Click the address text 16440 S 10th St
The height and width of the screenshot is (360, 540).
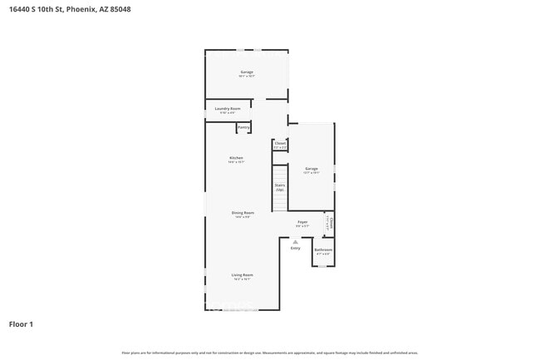pyautogui.click(x=42, y=9)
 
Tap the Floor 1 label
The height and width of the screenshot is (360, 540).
pyautogui.click(x=21, y=324)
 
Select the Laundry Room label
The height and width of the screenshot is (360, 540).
pyautogui.click(x=227, y=109)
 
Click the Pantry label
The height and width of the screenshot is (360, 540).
pyautogui.click(x=243, y=127)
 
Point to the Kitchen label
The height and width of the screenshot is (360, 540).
pyautogui.click(x=237, y=158)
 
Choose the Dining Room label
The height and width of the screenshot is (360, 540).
pyautogui.click(x=243, y=213)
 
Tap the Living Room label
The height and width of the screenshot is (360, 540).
pyautogui.click(x=243, y=274)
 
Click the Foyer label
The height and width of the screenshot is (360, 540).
pyautogui.click(x=302, y=221)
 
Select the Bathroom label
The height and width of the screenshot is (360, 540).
pyautogui.click(x=323, y=249)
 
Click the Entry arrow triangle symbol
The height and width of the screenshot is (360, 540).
pyautogui.click(x=295, y=241)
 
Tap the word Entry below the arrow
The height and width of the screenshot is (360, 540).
pyautogui.click(x=295, y=248)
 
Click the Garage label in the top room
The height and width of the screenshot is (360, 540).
pyautogui.click(x=247, y=72)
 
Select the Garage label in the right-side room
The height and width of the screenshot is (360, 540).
pyautogui.click(x=312, y=169)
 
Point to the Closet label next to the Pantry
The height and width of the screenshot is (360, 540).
pyautogui.click(x=280, y=143)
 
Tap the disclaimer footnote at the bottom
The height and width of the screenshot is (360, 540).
pyautogui.click(x=270, y=353)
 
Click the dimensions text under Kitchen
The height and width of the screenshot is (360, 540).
pyautogui.click(x=237, y=163)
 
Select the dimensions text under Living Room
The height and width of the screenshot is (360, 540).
pyautogui.click(x=243, y=279)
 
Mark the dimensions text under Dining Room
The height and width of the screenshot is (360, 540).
pyautogui.click(x=243, y=218)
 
